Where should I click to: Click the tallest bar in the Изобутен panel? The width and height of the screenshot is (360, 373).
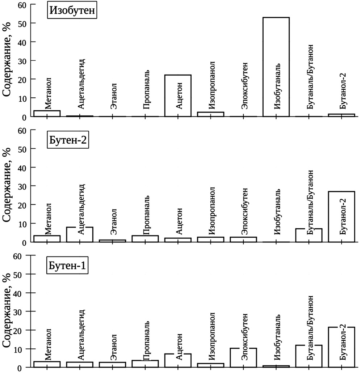(276, 67)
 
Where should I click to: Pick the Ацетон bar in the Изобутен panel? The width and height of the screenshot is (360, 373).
(178, 96)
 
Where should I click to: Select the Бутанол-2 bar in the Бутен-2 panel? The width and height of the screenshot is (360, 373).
(342, 216)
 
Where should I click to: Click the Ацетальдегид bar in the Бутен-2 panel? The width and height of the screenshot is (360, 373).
(80, 234)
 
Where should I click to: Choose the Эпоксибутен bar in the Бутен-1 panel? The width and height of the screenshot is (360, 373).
(243, 358)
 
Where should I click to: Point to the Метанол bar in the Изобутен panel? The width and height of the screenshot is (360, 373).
(47, 114)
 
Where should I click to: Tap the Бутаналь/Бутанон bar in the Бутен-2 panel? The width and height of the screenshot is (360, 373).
(309, 235)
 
